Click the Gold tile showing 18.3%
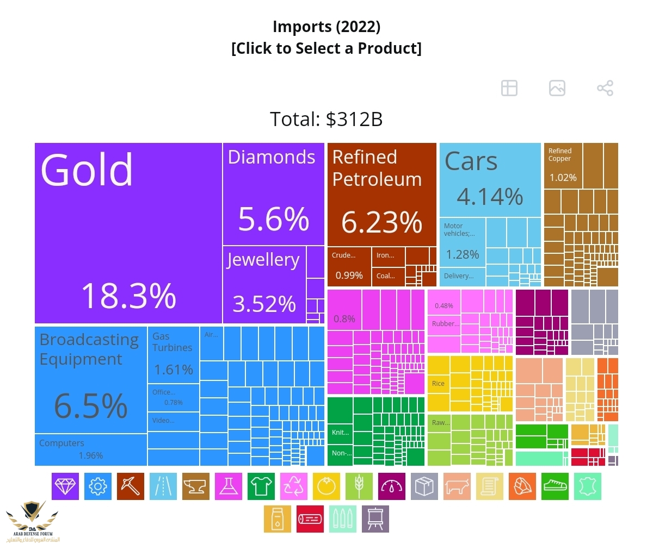coord(128,233)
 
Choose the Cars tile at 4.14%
coord(490,179)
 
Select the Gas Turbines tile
coord(173,355)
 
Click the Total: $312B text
coord(326,119)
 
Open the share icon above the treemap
coord(605,88)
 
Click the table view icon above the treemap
coord(509,88)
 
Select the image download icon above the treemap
coord(557,88)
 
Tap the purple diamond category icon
coord(65,486)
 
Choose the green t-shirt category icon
coord(261,486)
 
